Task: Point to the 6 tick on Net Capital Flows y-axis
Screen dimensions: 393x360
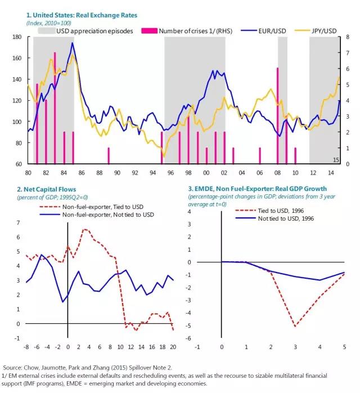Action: (17, 238)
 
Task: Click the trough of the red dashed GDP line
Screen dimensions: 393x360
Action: (295, 326)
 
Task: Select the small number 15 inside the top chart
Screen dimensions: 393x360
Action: (335, 160)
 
